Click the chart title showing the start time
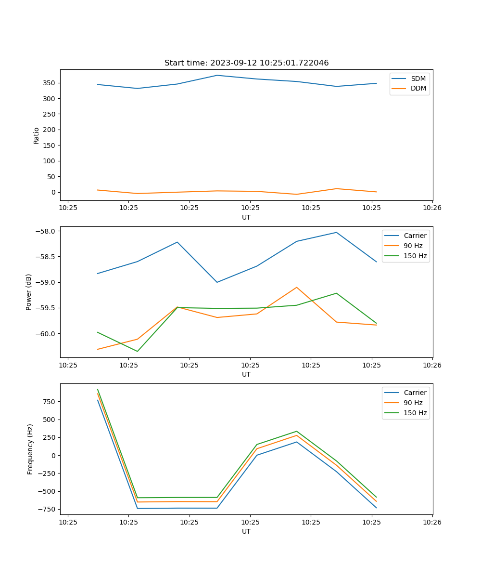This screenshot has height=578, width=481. [x=246, y=63]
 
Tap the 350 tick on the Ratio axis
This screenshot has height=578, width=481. [x=50, y=83]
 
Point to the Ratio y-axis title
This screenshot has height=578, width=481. [x=37, y=135]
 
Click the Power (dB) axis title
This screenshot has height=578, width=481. [x=29, y=292]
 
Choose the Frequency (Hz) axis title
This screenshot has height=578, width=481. [x=30, y=449]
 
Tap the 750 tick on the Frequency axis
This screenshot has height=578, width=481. [x=50, y=402]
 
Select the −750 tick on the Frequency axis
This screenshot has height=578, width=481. [x=48, y=510]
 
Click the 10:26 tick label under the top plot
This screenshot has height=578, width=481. [x=432, y=208]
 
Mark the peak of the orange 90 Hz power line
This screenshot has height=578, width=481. [x=297, y=287]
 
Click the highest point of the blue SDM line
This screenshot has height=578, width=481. [x=217, y=75]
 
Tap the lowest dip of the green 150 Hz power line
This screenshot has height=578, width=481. [x=138, y=351]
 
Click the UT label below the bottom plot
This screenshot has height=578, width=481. [x=246, y=531]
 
